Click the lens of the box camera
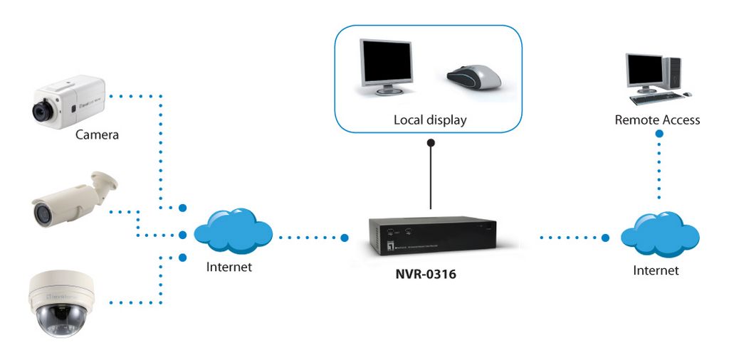(42, 110)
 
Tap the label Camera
(97, 135)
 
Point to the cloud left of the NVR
(233, 231)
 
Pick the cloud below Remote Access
(660, 233)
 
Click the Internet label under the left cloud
(229, 267)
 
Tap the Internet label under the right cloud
(656, 270)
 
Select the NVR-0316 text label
(426, 275)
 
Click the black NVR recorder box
(433, 235)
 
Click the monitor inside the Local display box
(387, 67)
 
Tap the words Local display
(430, 120)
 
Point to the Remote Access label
(657, 120)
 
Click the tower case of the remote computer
(672, 73)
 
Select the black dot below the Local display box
(431, 142)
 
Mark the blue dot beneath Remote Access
(659, 134)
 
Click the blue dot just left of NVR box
(345, 238)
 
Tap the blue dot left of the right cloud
(605, 238)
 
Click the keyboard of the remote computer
(657, 98)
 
